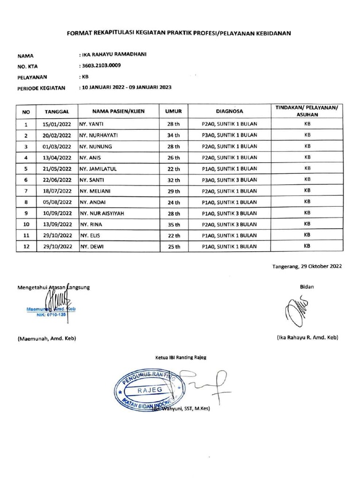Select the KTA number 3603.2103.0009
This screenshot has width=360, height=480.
point(102,66)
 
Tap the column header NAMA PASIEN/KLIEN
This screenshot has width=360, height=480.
point(118,112)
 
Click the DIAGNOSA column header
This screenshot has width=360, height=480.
point(229,112)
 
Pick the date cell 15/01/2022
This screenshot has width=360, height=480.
point(57,125)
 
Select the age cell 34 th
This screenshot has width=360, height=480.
point(173,135)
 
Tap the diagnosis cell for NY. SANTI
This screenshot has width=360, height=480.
point(229,180)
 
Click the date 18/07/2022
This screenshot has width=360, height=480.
point(57,191)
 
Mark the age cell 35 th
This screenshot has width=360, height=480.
point(173,224)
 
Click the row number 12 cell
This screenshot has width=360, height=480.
point(26,246)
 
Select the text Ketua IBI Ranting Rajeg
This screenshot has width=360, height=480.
point(180,357)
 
